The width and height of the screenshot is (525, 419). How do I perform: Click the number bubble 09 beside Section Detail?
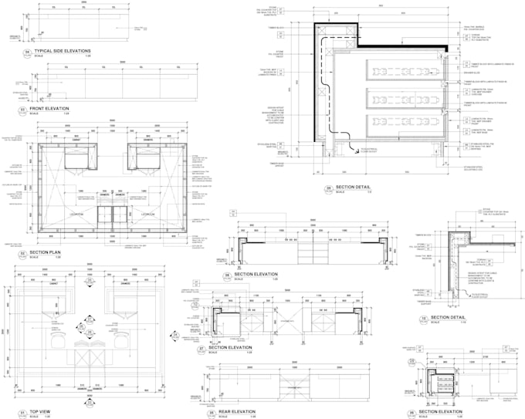pyautogui.click(x=327, y=188)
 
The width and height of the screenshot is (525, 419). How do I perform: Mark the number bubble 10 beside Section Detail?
pyautogui.click(x=423, y=319)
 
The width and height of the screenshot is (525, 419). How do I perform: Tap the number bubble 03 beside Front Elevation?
pyautogui.click(x=22, y=111)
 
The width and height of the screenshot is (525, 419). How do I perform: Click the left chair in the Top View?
pyautogui.click(x=56, y=339)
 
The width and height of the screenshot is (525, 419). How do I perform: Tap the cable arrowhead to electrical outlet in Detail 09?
pyautogui.click(x=353, y=154)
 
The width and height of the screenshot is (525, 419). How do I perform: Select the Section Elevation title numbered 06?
pyautogui.click(x=255, y=274)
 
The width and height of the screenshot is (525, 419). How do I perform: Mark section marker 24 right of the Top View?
pyautogui.click(x=174, y=335)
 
